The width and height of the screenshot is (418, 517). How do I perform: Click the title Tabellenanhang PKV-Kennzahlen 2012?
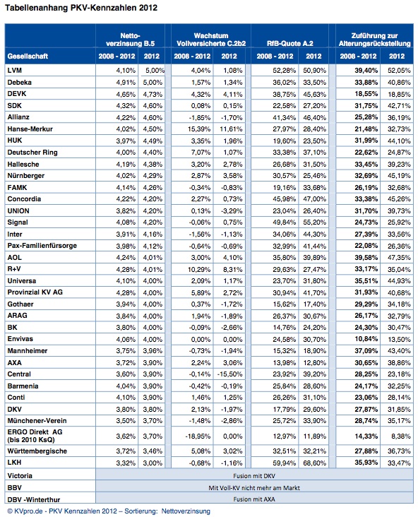point(81,8)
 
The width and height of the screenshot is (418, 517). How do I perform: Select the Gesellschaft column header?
point(28,57)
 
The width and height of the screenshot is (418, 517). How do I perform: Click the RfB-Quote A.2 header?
point(289,43)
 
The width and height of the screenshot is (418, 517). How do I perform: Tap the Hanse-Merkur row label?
point(30,129)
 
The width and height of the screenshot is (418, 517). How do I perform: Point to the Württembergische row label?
point(37,451)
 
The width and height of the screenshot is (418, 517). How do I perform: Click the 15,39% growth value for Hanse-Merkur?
point(199,129)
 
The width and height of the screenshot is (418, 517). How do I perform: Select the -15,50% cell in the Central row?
point(229,374)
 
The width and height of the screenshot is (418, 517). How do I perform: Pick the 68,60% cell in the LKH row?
point(314,463)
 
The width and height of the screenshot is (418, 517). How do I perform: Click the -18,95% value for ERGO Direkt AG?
point(198,436)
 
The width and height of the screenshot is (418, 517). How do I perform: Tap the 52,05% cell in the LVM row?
point(399,70)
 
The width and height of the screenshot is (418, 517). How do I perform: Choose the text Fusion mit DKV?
point(253,476)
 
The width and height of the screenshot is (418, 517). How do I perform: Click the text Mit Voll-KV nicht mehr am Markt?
point(254,487)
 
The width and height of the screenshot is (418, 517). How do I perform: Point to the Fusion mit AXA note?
point(253,499)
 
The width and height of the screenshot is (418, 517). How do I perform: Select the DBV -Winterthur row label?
point(34,499)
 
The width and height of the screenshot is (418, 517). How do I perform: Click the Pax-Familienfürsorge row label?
point(42,246)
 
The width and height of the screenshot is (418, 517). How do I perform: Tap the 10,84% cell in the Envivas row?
point(366,339)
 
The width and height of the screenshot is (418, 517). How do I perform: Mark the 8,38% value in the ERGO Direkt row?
point(401,436)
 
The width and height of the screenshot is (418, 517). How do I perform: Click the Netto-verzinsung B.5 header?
point(130,40)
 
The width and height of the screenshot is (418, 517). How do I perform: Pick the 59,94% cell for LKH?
point(284,463)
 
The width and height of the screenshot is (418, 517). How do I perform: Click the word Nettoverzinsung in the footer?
point(186,511)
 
